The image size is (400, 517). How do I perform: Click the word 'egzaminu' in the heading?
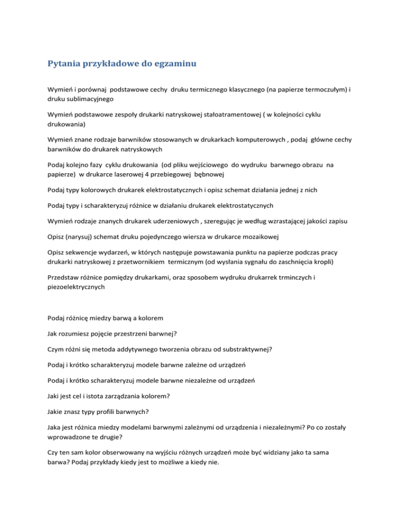(x=171, y=65)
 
